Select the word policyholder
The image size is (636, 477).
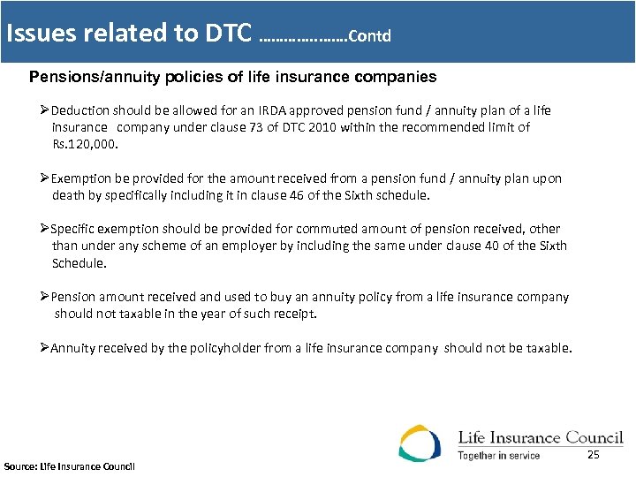(x=213, y=348)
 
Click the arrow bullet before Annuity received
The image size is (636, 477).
(x=45, y=348)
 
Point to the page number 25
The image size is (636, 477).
(x=593, y=454)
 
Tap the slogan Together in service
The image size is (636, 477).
(x=498, y=456)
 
